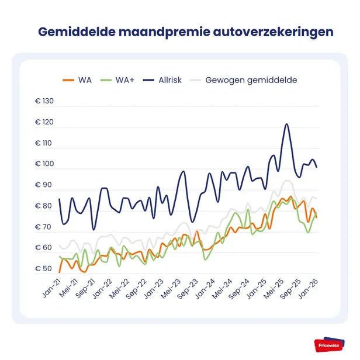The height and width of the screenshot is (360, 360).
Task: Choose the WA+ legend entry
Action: click(119, 79)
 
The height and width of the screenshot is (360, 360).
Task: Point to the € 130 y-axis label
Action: click(44, 102)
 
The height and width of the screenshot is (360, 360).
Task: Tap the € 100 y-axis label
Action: click(44, 164)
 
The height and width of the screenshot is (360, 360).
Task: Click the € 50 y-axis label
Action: click(44, 269)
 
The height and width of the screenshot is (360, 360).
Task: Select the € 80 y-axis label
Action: click(44, 206)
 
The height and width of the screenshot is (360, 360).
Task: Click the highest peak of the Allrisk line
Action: click(286, 124)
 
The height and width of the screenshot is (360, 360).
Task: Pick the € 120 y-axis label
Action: click(44, 123)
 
